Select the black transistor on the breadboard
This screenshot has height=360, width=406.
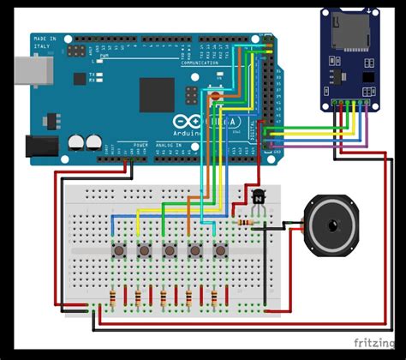(258, 198)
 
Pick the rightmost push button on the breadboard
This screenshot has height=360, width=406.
(221, 250)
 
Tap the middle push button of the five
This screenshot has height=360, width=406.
(170, 250)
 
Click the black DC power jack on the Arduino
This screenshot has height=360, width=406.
(39, 147)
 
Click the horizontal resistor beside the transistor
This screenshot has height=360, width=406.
(248, 223)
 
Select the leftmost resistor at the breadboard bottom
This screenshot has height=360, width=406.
(113, 297)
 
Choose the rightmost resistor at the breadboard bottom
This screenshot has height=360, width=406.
(214, 297)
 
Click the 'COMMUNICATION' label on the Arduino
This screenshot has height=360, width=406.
(200, 63)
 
